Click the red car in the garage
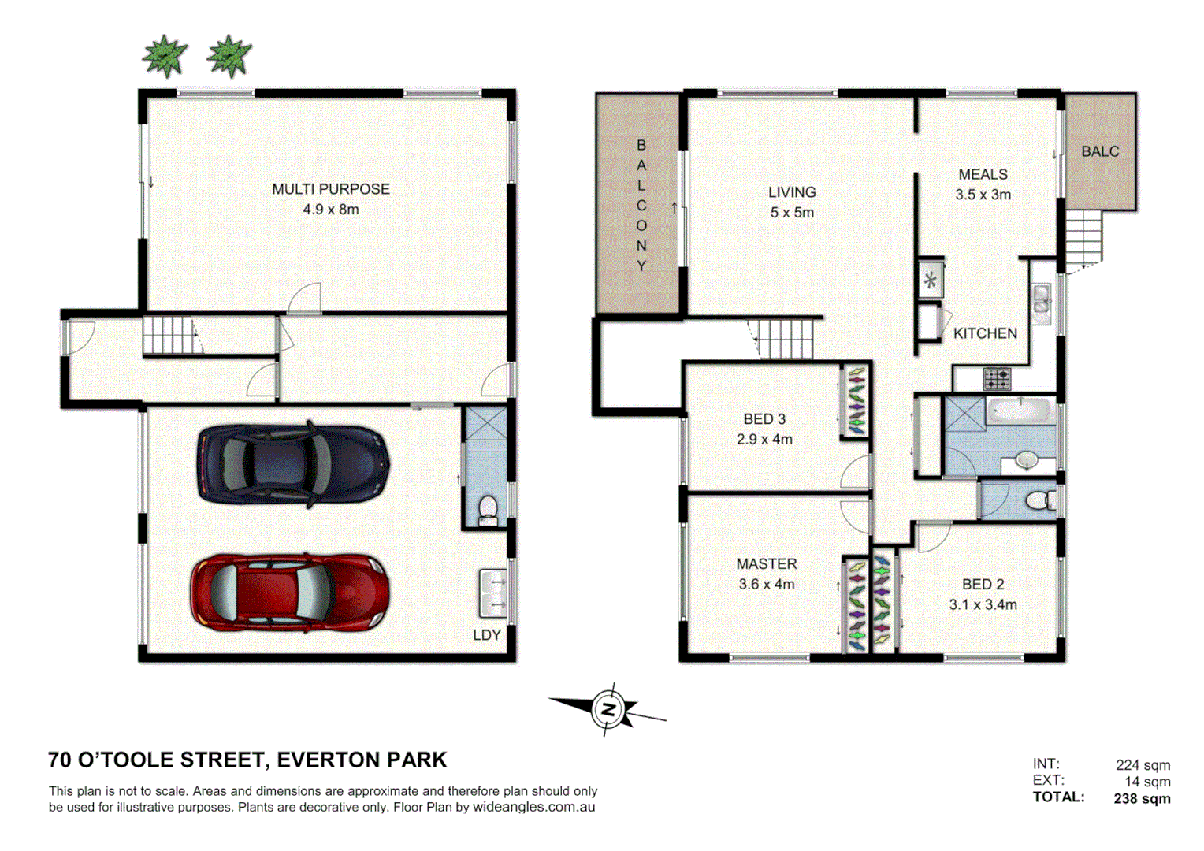click(x=289, y=593)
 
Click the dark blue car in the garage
click(x=293, y=465)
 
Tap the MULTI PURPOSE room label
click(x=330, y=189)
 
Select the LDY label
click(x=486, y=635)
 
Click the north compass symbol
click(x=608, y=709)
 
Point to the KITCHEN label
click(x=985, y=333)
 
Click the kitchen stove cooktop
click(x=996, y=379)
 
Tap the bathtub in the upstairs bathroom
click(x=1020, y=411)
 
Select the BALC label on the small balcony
click(x=1099, y=151)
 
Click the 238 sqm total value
click(x=1142, y=798)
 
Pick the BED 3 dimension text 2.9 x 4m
click(x=764, y=440)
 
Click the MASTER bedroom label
click(x=766, y=564)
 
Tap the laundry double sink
click(x=493, y=593)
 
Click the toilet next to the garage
click(x=488, y=509)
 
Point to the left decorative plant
click(x=165, y=57)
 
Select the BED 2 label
click(x=983, y=585)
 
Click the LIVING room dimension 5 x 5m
click(x=792, y=213)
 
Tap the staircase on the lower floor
click(x=169, y=336)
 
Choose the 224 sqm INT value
click(x=1142, y=765)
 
